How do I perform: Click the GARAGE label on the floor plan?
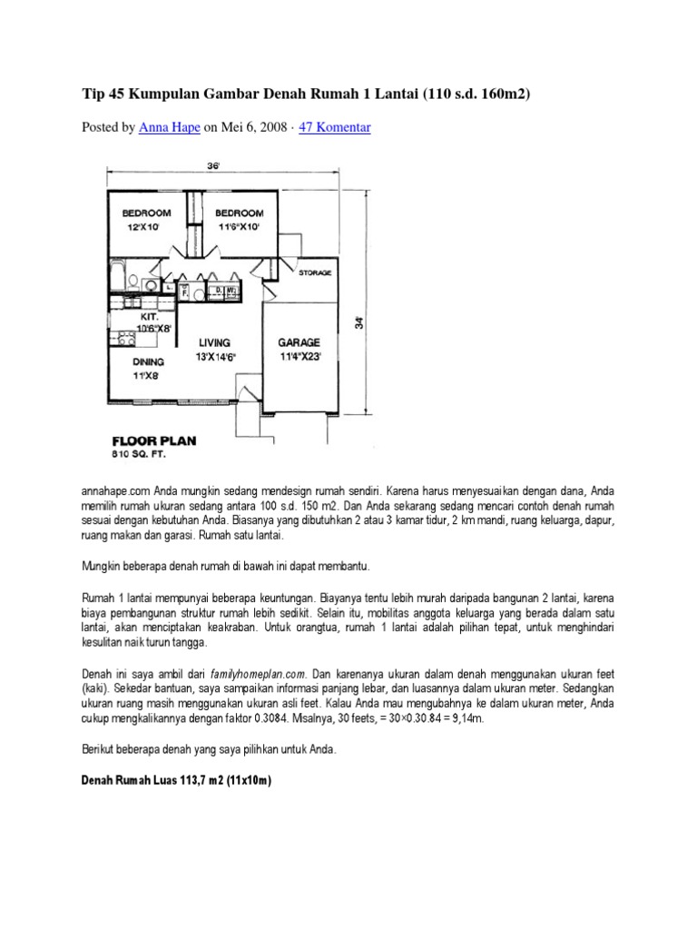(x=299, y=343)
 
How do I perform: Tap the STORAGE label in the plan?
(x=315, y=272)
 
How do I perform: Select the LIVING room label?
(x=215, y=343)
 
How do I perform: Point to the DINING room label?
(x=146, y=361)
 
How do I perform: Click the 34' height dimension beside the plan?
(x=358, y=322)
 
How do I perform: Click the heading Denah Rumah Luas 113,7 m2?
(x=177, y=780)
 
